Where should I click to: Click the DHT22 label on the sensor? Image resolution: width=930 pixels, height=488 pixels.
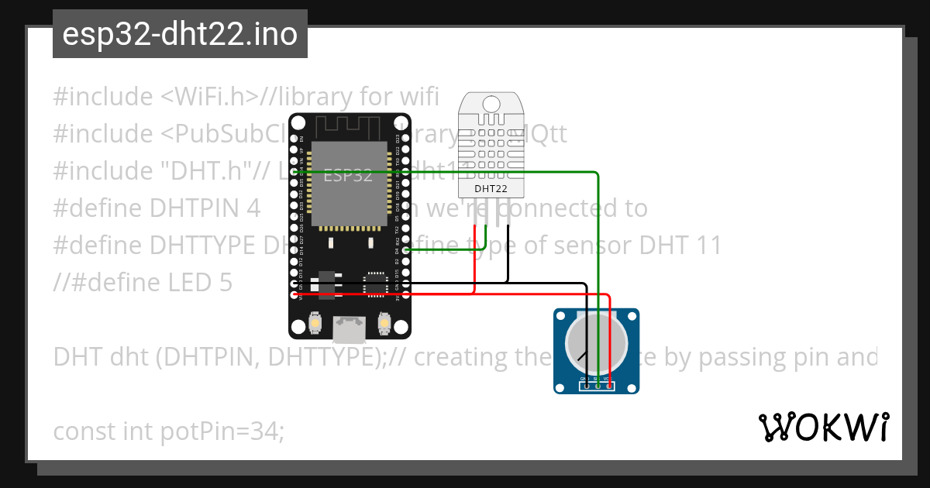(x=491, y=187)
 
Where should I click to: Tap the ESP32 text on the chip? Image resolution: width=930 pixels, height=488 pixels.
(x=347, y=176)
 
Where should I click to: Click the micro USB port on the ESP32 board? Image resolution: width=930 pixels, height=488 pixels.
(x=348, y=330)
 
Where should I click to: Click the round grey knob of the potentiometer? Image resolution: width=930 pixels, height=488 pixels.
(x=596, y=344)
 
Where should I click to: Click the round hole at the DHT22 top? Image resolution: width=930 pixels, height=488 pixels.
(x=491, y=104)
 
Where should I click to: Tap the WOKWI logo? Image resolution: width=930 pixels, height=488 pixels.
(x=823, y=428)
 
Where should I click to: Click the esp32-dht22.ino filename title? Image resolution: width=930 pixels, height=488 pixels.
(x=180, y=34)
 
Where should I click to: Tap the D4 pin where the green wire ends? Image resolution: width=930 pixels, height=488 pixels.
(x=405, y=251)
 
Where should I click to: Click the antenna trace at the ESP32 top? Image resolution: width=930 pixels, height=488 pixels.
(x=348, y=124)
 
